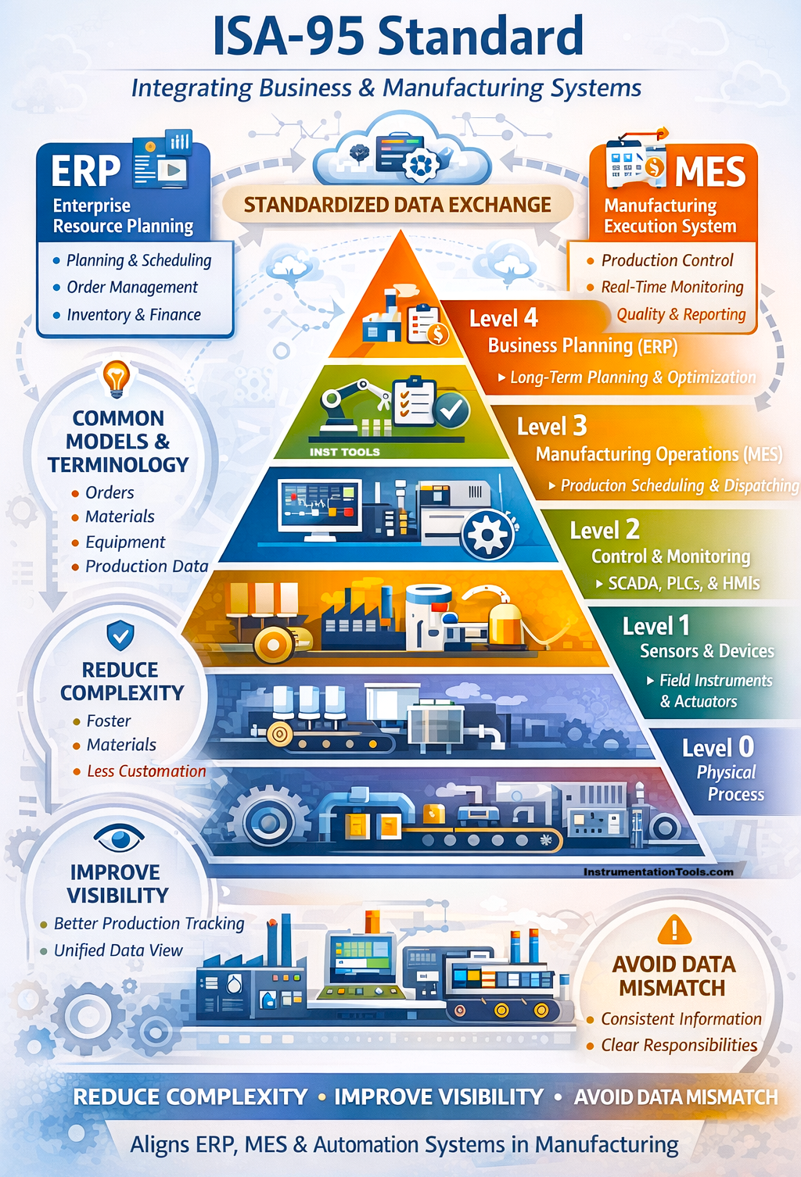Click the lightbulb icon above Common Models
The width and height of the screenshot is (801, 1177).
pyautogui.click(x=117, y=377)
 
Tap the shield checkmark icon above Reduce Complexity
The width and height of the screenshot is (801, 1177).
pyautogui.click(x=120, y=635)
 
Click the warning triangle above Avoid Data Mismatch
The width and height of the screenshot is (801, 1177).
pyautogui.click(x=674, y=929)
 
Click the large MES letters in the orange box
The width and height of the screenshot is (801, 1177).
pyautogui.click(x=710, y=171)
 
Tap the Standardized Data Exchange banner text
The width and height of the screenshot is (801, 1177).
pyautogui.click(x=397, y=205)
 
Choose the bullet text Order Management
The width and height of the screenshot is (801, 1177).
pyautogui.click(x=132, y=288)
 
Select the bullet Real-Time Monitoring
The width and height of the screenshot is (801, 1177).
pyautogui.click(x=672, y=287)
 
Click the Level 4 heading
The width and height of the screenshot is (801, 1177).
pyautogui.click(x=503, y=318)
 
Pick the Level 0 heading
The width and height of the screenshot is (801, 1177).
pyautogui.click(x=718, y=748)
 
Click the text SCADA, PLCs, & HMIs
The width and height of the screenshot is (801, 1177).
pyautogui.click(x=684, y=583)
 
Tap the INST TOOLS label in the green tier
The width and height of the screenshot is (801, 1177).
pyautogui.click(x=344, y=452)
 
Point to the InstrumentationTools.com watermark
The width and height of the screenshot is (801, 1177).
pyautogui.click(x=659, y=871)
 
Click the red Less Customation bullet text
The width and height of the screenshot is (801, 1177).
pyautogui.click(x=147, y=771)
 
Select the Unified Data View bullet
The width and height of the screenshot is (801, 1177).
pyautogui.click(x=118, y=950)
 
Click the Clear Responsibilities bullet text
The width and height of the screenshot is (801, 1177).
pyautogui.click(x=679, y=1045)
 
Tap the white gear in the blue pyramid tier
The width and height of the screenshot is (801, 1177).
pyautogui.click(x=487, y=535)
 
